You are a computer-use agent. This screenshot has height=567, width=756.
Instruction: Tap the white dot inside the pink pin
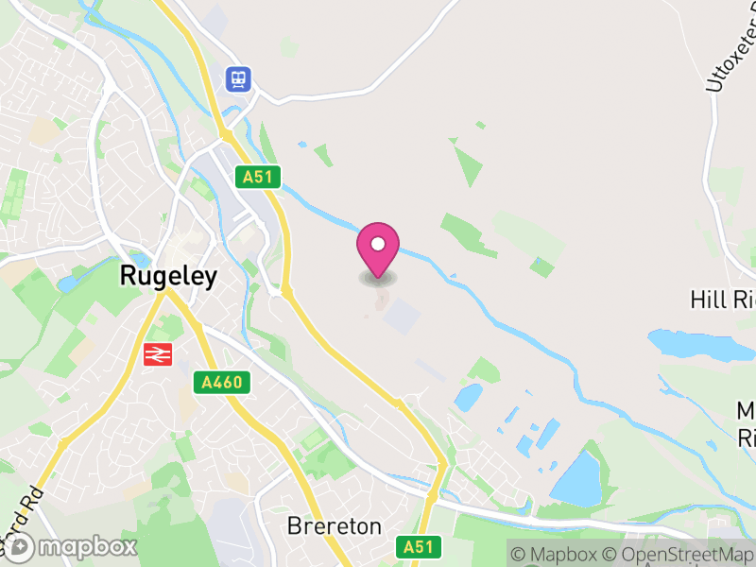(378, 244)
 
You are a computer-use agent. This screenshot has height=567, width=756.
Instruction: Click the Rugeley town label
(168, 276)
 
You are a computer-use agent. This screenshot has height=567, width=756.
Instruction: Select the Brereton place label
(335, 526)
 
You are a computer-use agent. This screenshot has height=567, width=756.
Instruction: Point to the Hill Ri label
(723, 301)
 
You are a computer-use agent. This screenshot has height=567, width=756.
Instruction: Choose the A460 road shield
(223, 383)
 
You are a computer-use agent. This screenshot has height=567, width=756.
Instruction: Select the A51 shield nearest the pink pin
(260, 177)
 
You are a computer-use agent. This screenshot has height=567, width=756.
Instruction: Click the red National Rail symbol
(157, 354)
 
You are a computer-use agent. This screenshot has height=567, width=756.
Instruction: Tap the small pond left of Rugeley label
(72, 282)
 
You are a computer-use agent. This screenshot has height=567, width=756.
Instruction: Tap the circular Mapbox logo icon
(21, 547)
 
